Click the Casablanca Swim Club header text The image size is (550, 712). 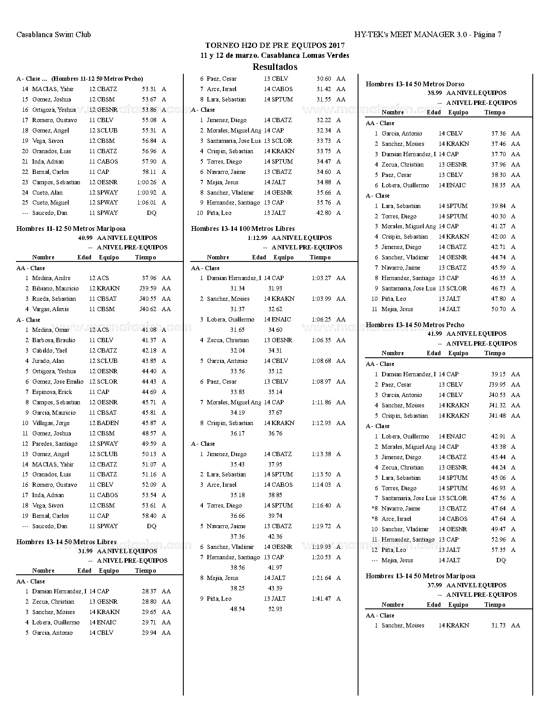[x=53, y=35]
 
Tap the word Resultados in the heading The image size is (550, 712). [x=275, y=67]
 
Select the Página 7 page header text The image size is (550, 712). [x=487, y=35]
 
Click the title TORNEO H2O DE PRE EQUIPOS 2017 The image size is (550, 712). [x=275, y=45]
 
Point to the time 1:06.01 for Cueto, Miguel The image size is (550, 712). [x=146, y=202]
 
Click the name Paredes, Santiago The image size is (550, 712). [x=55, y=444]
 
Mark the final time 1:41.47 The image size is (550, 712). [x=321, y=599]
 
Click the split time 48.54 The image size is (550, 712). [x=237, y=609]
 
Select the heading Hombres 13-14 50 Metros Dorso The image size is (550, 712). [x=415, y=84]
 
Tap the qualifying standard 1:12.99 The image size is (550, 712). [x=257, y=238]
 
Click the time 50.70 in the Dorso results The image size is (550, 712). [x=498, y=309]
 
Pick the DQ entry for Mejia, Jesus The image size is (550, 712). [x=501, y=560]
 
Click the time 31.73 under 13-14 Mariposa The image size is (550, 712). [x=498, y=625]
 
